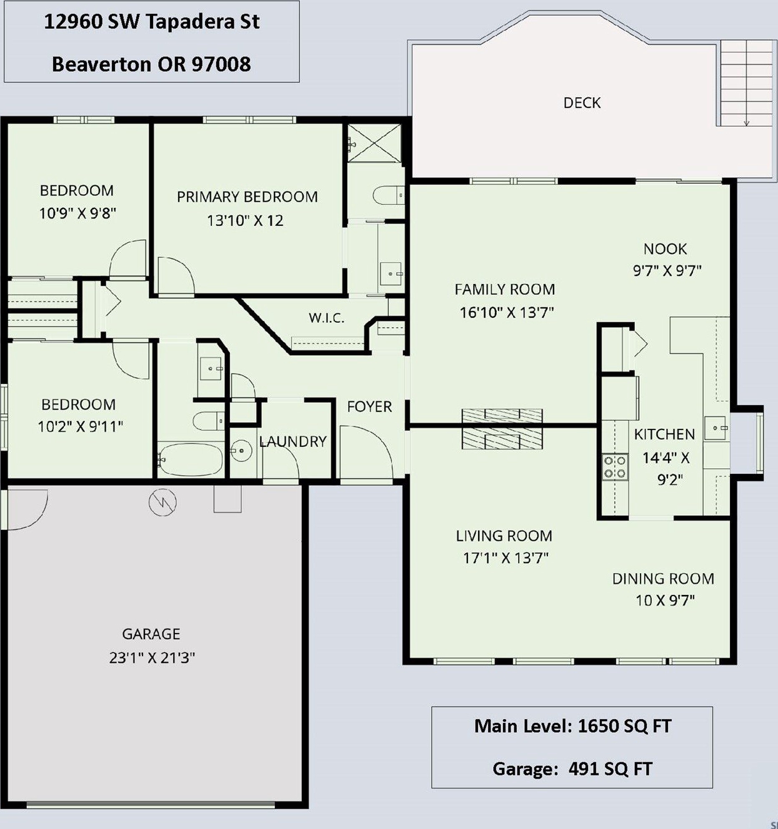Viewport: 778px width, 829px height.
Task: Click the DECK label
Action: coord(582,102)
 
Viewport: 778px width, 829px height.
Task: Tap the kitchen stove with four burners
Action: coord(615,467)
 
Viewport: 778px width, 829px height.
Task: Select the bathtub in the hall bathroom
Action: coord(191,459)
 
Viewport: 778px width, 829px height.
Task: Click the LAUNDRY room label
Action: coord(292,441)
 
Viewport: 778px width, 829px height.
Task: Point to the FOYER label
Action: coord(369,406)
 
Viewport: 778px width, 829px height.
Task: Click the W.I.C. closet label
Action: coord(326,318)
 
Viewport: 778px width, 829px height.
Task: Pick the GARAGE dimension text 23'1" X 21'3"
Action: coord(152,658)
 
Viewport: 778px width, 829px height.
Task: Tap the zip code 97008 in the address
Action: coord(221,64)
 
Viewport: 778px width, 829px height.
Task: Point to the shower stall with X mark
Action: coord(374,143)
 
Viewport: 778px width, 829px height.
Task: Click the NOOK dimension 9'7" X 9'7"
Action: coord(667,271)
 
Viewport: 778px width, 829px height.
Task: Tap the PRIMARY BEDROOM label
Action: coord(247,197)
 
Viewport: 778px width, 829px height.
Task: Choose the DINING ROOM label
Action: coord(663,579)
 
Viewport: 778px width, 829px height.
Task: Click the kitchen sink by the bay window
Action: coord(717,428)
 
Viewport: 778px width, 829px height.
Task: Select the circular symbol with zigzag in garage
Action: coord(162,502)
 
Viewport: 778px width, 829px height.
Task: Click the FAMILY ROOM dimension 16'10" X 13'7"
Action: coord(507,312)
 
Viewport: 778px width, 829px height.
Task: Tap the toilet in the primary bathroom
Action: coord(388,195)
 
